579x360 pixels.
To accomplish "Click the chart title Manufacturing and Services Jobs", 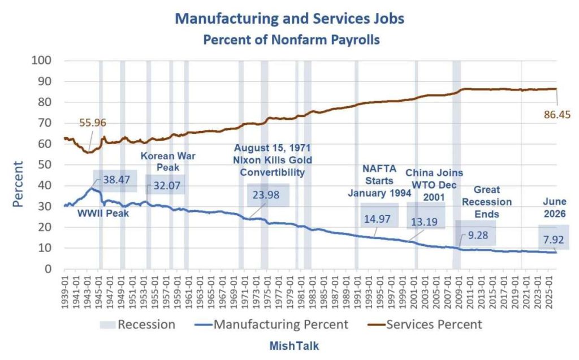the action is (289, 19).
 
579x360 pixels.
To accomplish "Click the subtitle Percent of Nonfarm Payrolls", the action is (291, 40).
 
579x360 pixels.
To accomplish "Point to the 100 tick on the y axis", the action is (41, 60).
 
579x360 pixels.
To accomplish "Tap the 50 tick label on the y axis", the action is (45, 164).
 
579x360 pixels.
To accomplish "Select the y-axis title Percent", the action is (18, 184).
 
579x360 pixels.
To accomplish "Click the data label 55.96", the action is (93, 123).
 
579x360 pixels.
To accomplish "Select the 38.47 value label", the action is (116, 180).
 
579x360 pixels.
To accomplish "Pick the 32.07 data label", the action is (167, 185).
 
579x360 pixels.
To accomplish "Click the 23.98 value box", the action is (266, 194).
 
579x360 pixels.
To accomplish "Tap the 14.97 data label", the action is (377, 219).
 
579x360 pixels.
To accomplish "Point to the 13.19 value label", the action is (424, 222).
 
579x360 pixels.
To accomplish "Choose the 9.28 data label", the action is (478, 235).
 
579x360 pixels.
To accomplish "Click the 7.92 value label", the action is (554, 240).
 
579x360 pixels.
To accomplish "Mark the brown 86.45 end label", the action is (557, 115).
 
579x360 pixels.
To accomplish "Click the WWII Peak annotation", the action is (103, 214).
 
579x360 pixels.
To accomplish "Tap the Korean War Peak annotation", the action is (168, 162).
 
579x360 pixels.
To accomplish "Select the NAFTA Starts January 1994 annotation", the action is (379, 181).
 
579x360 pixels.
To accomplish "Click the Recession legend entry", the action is (137, 324).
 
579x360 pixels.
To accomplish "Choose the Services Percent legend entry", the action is (425, 324).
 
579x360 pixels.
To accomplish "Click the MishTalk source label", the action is (294, 346).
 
